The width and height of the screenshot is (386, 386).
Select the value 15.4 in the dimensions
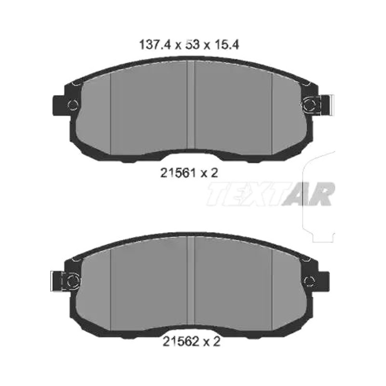227,45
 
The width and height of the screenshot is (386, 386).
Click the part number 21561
178,173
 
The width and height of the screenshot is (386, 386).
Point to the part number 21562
180,342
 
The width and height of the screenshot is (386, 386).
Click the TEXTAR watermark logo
271,194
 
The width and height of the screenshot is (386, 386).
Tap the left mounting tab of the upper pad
59,106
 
